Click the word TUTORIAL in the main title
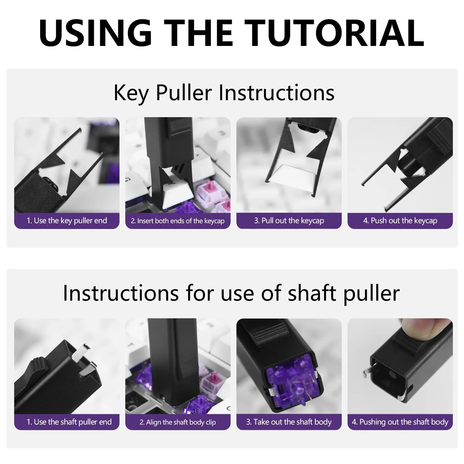tap(336, 33)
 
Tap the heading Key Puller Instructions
tap(224, 93)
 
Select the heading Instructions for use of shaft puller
tap(231, 293)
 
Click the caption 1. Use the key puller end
tap(67, 221)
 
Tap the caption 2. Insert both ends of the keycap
tap(178, 221)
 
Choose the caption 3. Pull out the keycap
tap(289, 221)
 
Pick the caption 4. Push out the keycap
tap(400, 221)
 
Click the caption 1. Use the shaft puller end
tap(69, 422)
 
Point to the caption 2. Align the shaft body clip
tap(178, 422)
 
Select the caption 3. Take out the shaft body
tap(289, 422)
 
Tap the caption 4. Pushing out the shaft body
tap(400, 422)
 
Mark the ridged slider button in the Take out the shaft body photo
tap(268, 337)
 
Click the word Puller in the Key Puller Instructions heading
tap(184, 93)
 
